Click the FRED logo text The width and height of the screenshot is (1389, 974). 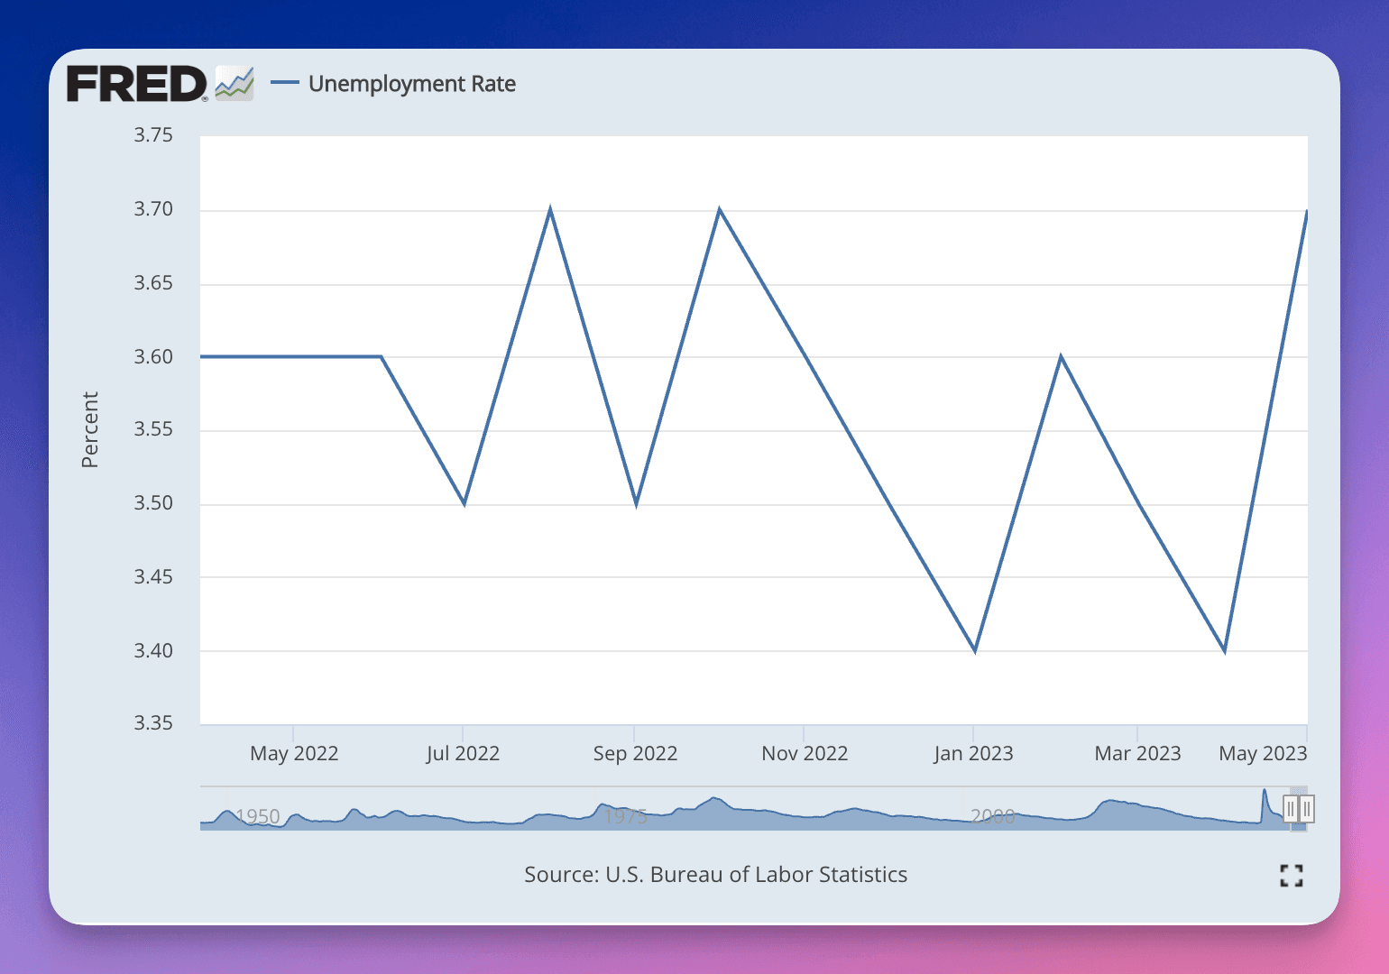[x=136, y=84]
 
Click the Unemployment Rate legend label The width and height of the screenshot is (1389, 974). [x=411, y=84]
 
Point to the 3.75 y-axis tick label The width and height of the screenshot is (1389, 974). [x=153, y=135]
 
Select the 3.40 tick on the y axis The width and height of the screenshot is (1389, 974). [x=153, y=650]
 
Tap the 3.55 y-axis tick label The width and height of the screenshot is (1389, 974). [x=153, y=429]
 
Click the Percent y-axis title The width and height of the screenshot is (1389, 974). [x=89, y=429]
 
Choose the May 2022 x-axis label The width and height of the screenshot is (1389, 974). [x=294, y=753]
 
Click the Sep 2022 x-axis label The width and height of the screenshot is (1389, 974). [x=635, y=753]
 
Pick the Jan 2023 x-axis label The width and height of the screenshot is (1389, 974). [x=973, y=753]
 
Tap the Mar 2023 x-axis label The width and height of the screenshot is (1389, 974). [x=1137, y=753]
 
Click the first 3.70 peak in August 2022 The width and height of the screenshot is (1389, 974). [x=550, y=210]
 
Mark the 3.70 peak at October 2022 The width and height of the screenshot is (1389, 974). [x=719, y=210]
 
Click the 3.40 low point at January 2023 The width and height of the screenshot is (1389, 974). [x=975, y=650]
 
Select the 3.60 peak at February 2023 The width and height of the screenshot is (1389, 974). [x=1061, y=357]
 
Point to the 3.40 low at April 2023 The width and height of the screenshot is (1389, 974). [x=1224, y=650]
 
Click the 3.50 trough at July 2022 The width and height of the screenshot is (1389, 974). [x=465, y=503]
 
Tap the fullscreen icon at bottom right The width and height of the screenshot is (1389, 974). [x=1292, y=875]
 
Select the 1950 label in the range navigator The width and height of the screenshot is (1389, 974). [x=258, y=816]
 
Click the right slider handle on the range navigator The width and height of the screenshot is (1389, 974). [x=1307, y=809]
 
